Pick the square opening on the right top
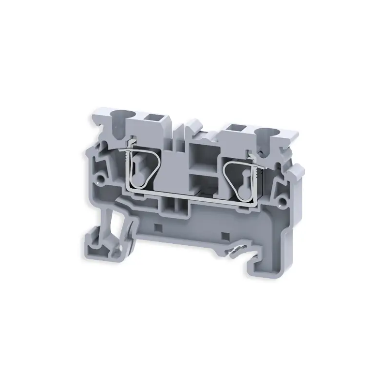[238, 129]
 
